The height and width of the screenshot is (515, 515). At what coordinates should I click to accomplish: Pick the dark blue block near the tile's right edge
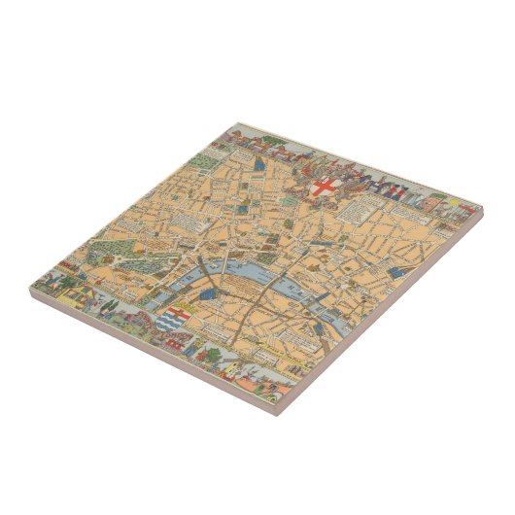(396, 275)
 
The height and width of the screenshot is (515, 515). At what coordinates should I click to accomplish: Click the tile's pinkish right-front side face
(389, 312)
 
